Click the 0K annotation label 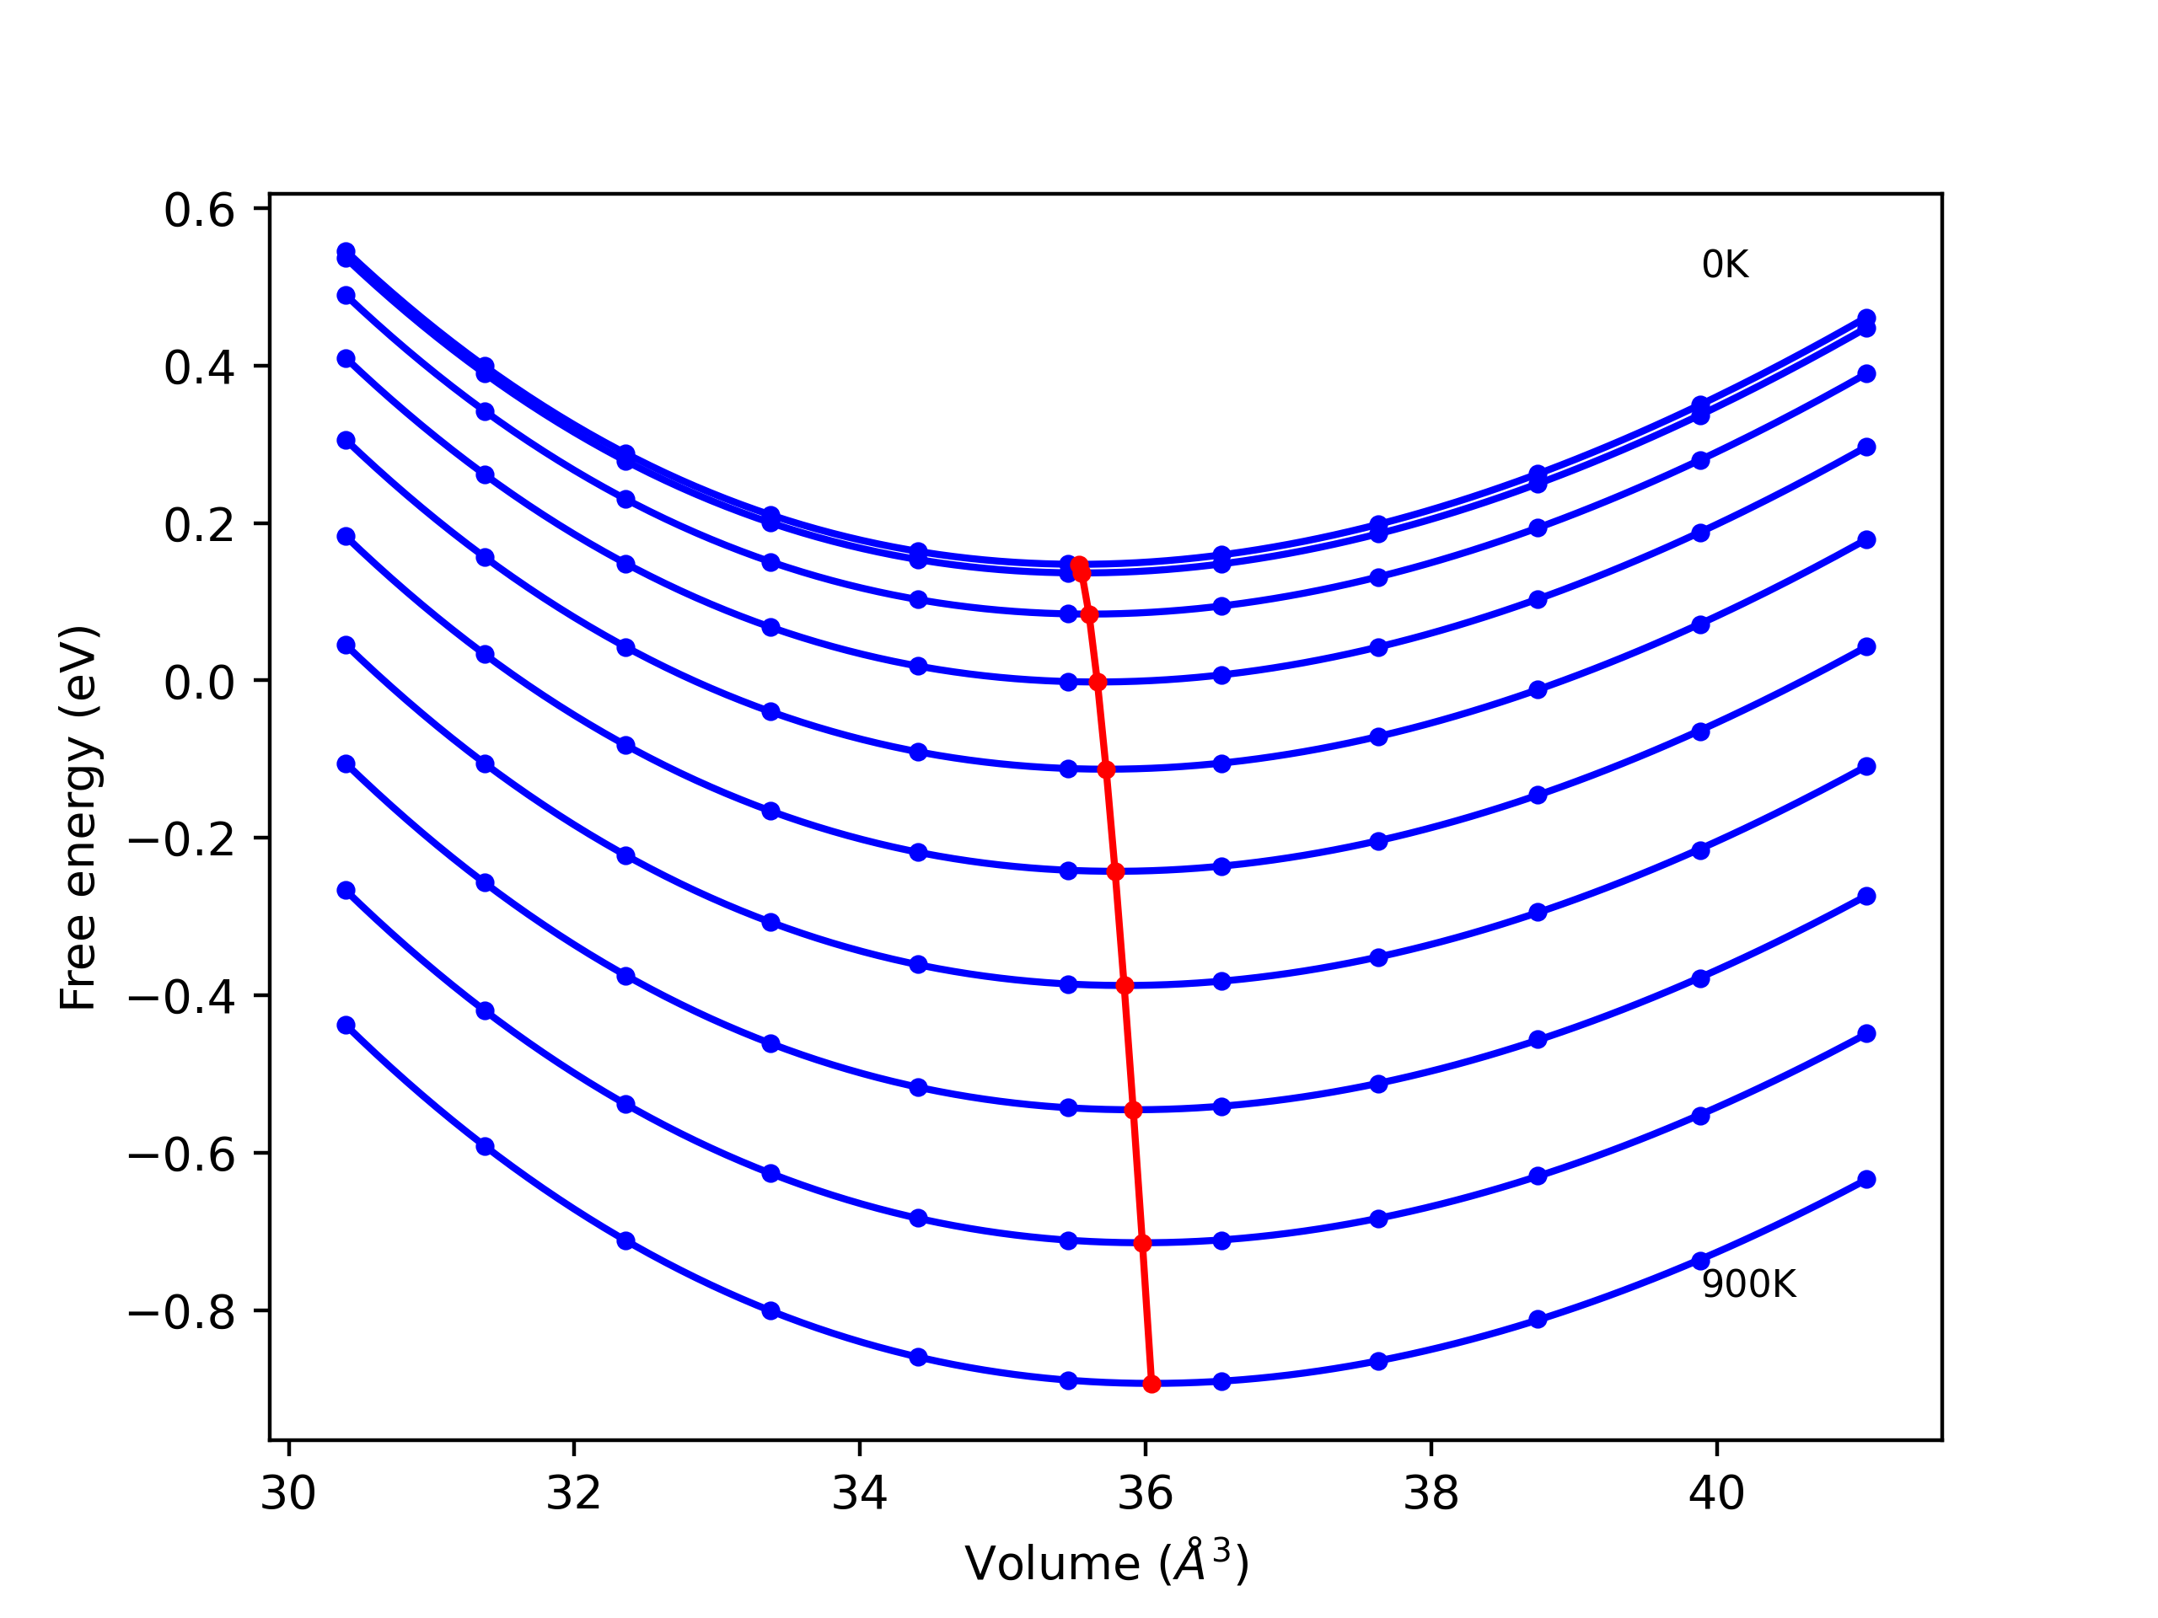click(1725, 265)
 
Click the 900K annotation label click(1748, 1284)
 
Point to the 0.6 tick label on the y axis click(199, 211)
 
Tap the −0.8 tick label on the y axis click(181, 1314)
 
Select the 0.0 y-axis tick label click(199, 683)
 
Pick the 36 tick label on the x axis click(1146, 1494)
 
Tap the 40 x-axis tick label click(1717, 1494)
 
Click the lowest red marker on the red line click(1151, 1384)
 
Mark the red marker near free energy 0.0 click(1098, 682)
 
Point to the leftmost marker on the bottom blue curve click(346, 1025)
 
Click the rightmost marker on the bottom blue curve click(1866, 1179)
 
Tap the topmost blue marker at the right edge click(1866, 318)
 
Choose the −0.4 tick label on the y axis click(181, 998)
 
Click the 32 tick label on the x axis click(574, 1494)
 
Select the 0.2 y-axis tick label click(199, 526)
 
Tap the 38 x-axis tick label click(1431, 1494)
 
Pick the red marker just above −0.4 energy click(1124, 985)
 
